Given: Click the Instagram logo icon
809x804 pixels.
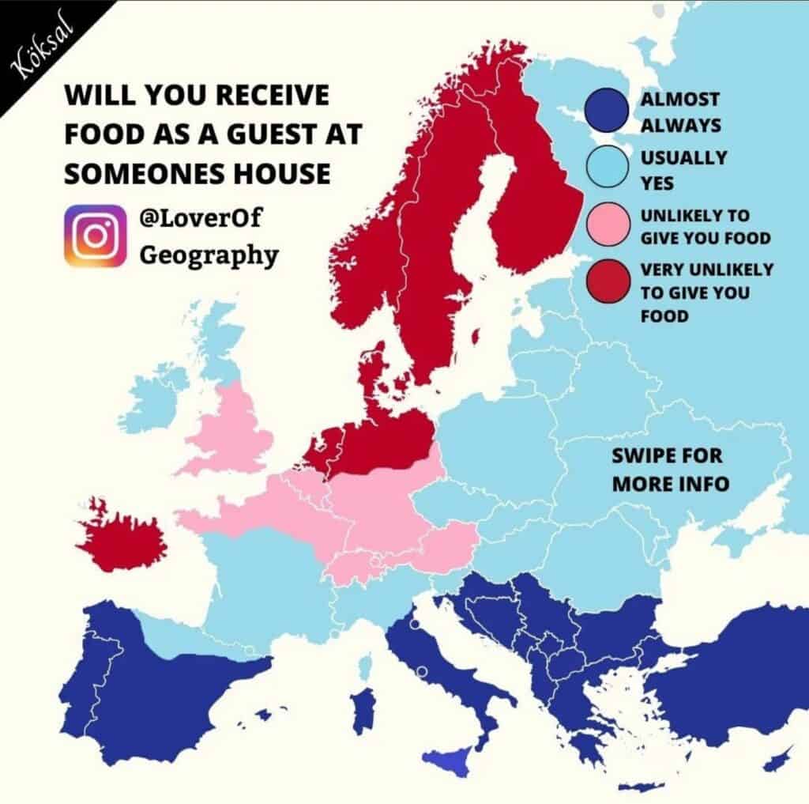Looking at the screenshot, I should [95, 236].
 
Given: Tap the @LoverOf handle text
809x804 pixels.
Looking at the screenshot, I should [200, 217].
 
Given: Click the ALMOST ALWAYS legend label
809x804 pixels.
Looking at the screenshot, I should [680, 112].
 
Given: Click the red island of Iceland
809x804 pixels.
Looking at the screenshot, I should [122, 538].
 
